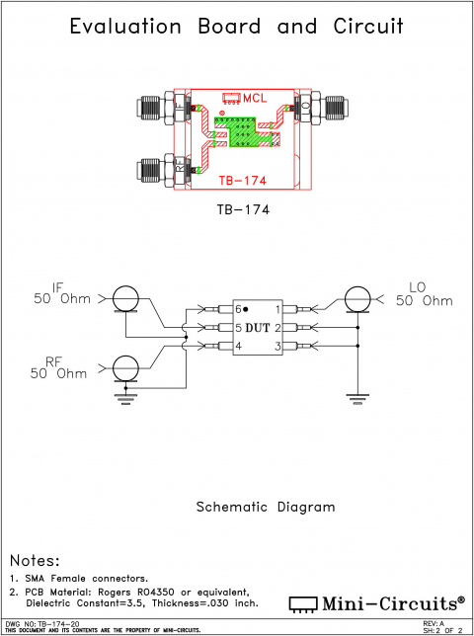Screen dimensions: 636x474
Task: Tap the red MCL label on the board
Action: click(x=255, y=98)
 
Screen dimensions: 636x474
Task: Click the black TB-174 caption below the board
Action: click(x=243, y=210)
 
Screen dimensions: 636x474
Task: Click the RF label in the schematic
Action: click(x=55, y=362)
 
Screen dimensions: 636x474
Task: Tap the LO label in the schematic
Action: click(x=416, y=287)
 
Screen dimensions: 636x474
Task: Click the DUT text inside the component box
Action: click(x=257, y=327)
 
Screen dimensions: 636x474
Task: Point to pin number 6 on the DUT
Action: click(x=238, y=309)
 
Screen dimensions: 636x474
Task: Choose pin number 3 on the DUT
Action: click(x=277, y=346)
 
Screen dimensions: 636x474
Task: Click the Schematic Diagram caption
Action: click(x=265, y=507)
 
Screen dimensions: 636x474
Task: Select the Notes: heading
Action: click(x=35, y=560)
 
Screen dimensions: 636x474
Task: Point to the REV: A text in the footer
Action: click(x=433, y=624)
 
